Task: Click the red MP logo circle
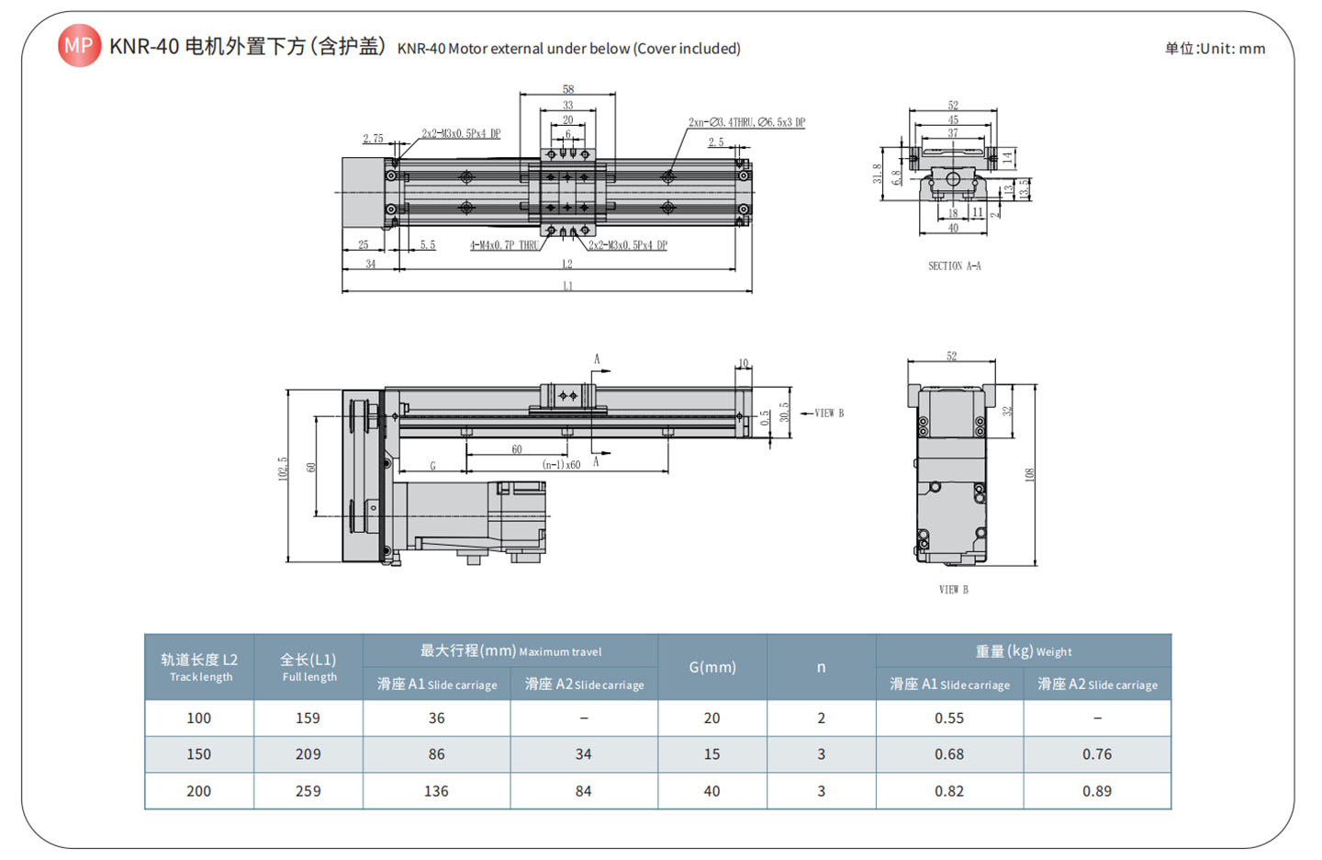79,45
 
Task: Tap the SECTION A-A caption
954,266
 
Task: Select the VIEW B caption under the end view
953,590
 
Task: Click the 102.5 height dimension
284,469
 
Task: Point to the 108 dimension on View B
1030,474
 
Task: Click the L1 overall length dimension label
567,287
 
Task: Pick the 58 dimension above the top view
568,89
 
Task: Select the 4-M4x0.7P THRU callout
504,245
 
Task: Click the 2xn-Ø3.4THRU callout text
746,122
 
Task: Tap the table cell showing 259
308,791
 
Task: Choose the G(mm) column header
712,667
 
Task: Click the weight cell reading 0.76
1096,754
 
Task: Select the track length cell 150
198,754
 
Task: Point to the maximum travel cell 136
436,791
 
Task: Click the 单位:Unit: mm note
1215,49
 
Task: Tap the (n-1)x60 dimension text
561,465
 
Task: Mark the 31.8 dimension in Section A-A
878,174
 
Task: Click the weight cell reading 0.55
949,719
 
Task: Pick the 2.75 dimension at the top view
373,139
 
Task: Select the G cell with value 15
711,754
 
